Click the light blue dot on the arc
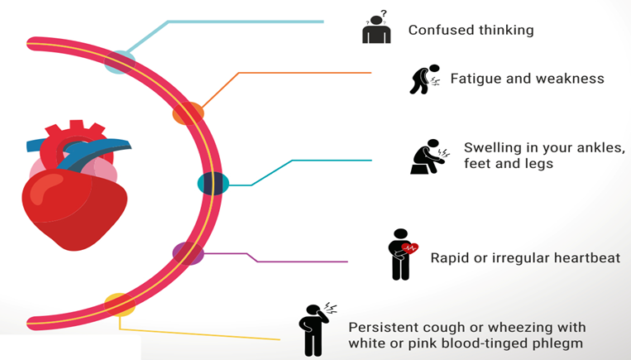pyautogui.click(x=120, y=61)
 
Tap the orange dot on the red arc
pyautogui.click(x=188, y=113)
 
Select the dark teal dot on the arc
pyautogui.click(x=213, y=183)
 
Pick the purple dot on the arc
pyautogui.click(x=189, y=252)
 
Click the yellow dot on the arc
pyautogui.click(x=119, y=304)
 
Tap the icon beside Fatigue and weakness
pyautogui.click(x=424, y=79)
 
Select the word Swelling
pyautogui.click(x=493, y=148)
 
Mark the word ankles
pyautogui.click(x=592, y=148)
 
